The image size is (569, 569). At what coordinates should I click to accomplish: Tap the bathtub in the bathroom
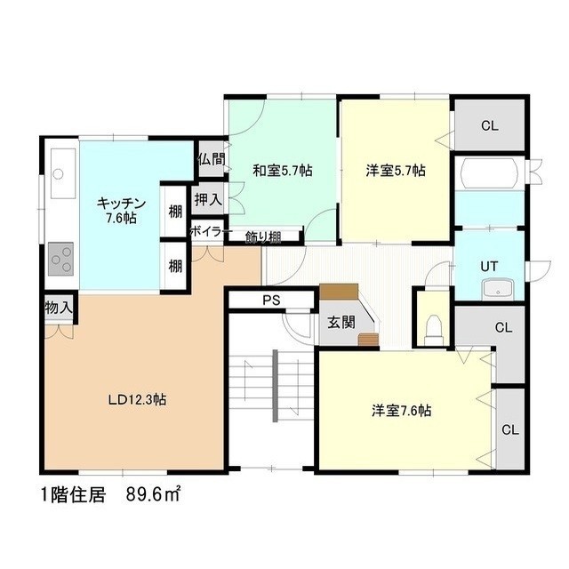tap(489, 173)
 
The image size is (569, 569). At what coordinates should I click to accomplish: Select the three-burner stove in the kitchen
tap(61, 259)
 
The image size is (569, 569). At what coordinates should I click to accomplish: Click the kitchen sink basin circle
tap(58, 174)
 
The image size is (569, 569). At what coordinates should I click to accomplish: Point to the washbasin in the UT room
tap(498, 289)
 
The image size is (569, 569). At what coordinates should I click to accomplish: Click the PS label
tap(271, 301)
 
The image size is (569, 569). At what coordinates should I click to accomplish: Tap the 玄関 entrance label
tap(341, 322)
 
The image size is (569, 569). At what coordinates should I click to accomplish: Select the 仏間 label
tap(212, 159)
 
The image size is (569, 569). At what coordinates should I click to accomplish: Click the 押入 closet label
tap(208, 199)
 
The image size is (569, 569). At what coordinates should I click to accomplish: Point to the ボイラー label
tap(211, 231)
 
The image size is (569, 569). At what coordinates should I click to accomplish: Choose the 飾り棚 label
tap(263, 237)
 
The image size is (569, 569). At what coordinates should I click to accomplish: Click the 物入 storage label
tap(59, 309)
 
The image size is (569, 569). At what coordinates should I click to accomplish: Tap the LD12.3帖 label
tap(138, 400)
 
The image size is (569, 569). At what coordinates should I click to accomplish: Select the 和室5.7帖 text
tap(283, 171)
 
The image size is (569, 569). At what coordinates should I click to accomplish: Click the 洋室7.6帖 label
tap(401, 411)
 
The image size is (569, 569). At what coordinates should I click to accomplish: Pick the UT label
tap(489, 267)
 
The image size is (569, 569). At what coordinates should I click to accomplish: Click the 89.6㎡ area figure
tap(153, 495)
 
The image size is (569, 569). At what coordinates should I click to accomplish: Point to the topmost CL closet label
tap(490, 126)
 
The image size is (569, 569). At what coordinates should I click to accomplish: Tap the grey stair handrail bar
tap(275, 385)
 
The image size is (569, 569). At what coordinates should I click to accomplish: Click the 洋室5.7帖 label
tap(396, 171)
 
